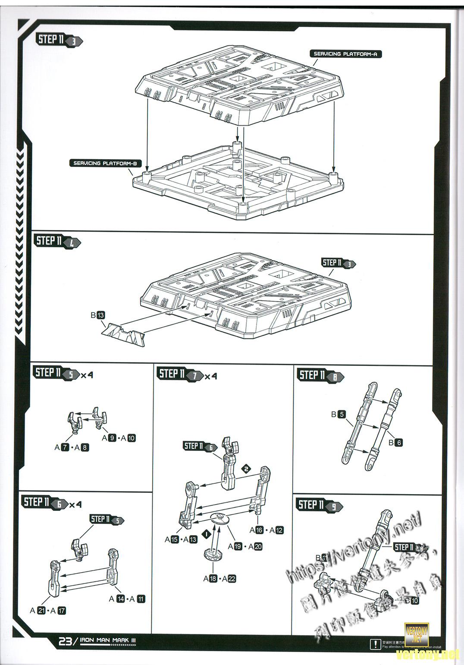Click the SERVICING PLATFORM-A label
pos(345,54)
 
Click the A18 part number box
pos(213,579)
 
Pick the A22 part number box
pos(232,579)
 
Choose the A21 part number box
pos(41,611)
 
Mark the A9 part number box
pos(112,438)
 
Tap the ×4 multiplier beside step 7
pos(211,376)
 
